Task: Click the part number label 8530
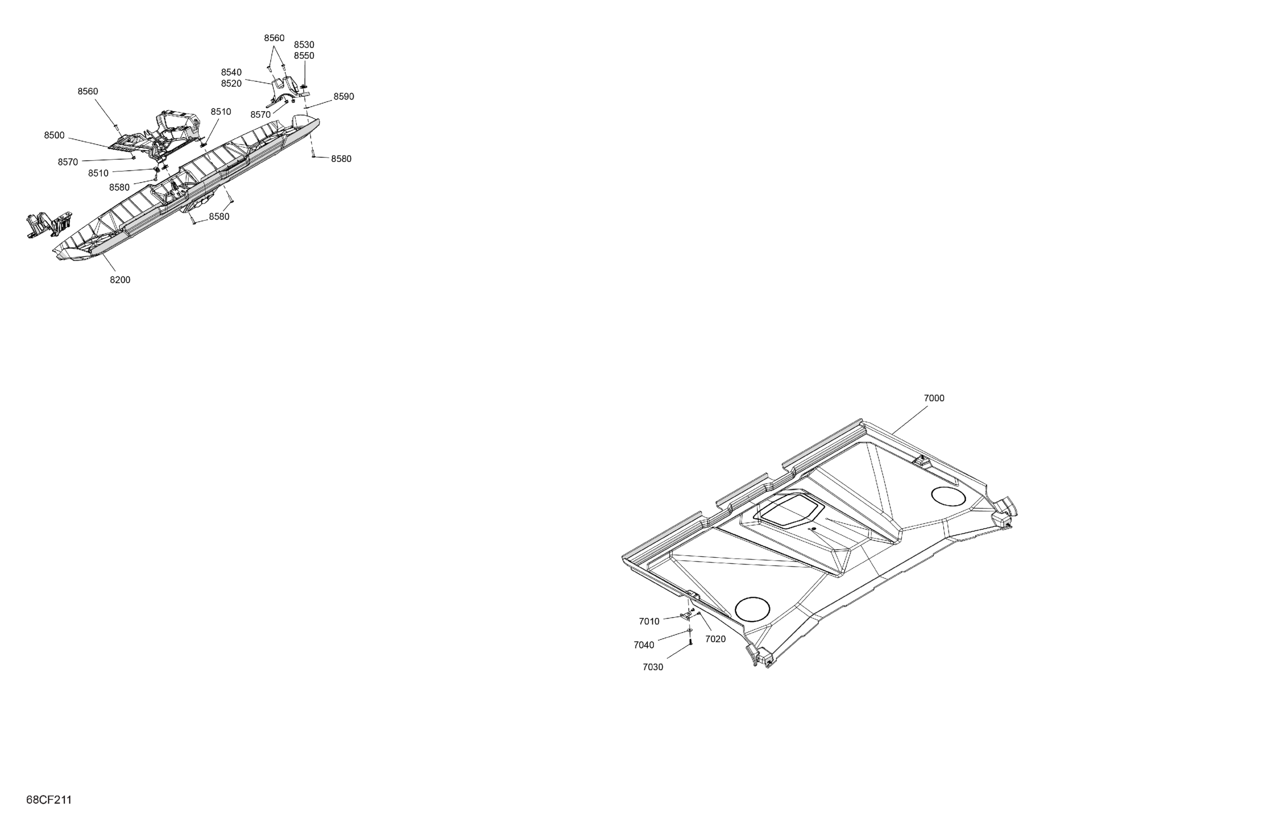coord(304,45)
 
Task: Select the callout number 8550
coord(304,56)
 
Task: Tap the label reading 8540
coord(231,72)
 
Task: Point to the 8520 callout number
coord(231,84)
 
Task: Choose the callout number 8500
coord(54,136)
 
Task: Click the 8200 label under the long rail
coord(120,281)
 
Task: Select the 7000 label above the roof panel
coord(934,398)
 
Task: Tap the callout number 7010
coord(649,622)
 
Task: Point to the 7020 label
coord(715,639)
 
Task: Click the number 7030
coord(653,667)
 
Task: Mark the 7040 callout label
coord(644,645)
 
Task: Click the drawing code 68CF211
coord(49,800)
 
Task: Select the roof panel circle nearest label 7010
coord(752,609)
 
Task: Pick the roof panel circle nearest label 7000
coord(948,496)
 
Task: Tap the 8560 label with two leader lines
coord(274,38)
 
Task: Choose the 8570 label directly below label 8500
coord(68,162)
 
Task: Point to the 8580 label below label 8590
coord(341,159)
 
